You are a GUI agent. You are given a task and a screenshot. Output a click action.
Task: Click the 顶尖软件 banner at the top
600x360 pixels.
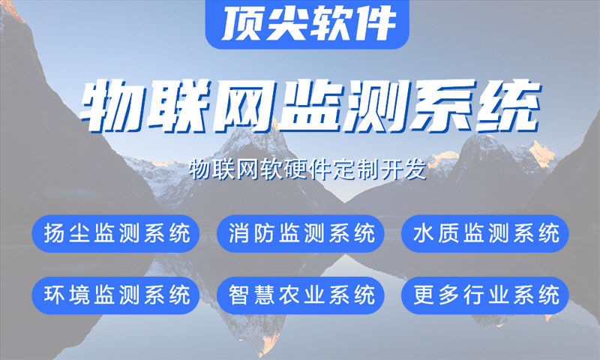308,23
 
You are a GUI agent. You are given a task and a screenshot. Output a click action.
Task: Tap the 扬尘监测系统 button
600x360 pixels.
116,233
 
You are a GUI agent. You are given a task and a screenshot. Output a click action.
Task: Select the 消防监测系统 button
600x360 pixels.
301,233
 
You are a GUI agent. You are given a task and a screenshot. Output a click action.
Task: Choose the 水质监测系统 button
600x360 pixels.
486,233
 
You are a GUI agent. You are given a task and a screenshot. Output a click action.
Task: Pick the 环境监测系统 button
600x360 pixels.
116,295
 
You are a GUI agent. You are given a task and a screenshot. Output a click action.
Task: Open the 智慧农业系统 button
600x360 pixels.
301,295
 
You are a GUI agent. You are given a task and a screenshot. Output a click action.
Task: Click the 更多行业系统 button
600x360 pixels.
486,295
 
